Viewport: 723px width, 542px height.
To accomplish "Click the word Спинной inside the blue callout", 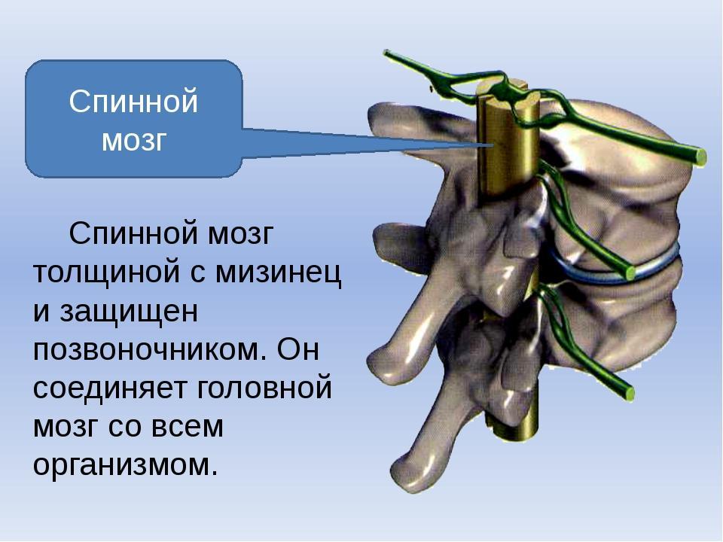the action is pyautogui.click(x=133, y=102).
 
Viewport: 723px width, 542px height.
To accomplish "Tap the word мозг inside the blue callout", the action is pyautogui.click(x=133, y=140).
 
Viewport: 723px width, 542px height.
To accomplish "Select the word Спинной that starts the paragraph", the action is pyautogui.click(x=133, y=233).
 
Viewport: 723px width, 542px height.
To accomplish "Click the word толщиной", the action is pyautogui.click(x=106, y=272).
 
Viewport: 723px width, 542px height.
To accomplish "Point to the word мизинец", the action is pyautogui.click(x=279, y=273).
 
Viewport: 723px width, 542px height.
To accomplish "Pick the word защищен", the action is pyautogui.click(x=129, y=312).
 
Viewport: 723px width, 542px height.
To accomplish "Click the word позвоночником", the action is pyautogui.click(x=150, y=350).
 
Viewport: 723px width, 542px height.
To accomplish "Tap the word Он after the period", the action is pyautogui.click(x=298, y=349).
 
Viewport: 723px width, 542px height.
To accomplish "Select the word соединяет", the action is pyautogui.click(x=111, y=388).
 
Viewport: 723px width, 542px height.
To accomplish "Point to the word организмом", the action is pyautogui.click(x=125, y=465).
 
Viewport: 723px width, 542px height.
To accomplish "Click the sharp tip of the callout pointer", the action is pyautogui.click(x=493, y=145).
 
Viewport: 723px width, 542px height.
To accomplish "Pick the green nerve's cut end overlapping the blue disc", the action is pyautogui.click(x=629, y=272).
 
